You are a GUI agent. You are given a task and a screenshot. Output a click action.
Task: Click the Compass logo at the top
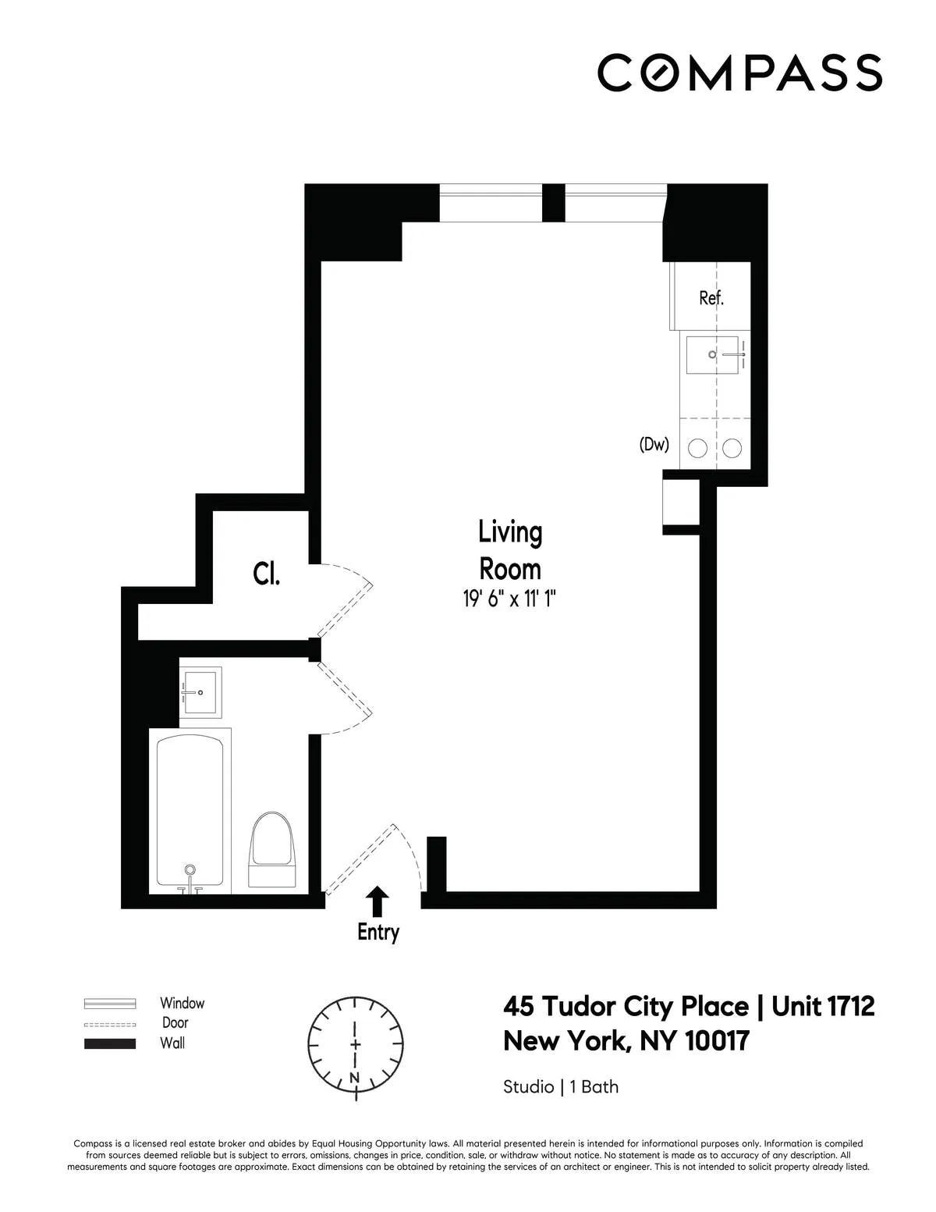click(739, 73)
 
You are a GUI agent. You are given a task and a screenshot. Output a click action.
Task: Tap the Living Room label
click(509, 550)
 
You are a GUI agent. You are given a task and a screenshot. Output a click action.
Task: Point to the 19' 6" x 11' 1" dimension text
click(509, 599)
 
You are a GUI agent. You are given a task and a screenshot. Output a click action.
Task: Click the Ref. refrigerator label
click(711, 297)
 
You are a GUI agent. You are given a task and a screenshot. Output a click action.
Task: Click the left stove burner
click(697, 448)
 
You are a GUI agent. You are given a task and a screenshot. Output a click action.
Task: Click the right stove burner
click(732, 448)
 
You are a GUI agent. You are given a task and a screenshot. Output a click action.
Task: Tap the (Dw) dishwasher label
click(654, 446)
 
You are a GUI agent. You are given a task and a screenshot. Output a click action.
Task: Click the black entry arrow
click(378, 901)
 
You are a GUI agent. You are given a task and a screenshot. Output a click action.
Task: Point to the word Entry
click(378, 932)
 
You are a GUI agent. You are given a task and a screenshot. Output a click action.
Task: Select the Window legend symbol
click(110, 1004)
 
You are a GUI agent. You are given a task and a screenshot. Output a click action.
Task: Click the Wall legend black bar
click(110, 1043)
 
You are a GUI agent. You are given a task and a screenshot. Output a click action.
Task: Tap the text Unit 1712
click(823, 1007)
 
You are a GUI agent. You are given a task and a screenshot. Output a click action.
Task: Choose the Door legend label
click(175, 1022)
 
